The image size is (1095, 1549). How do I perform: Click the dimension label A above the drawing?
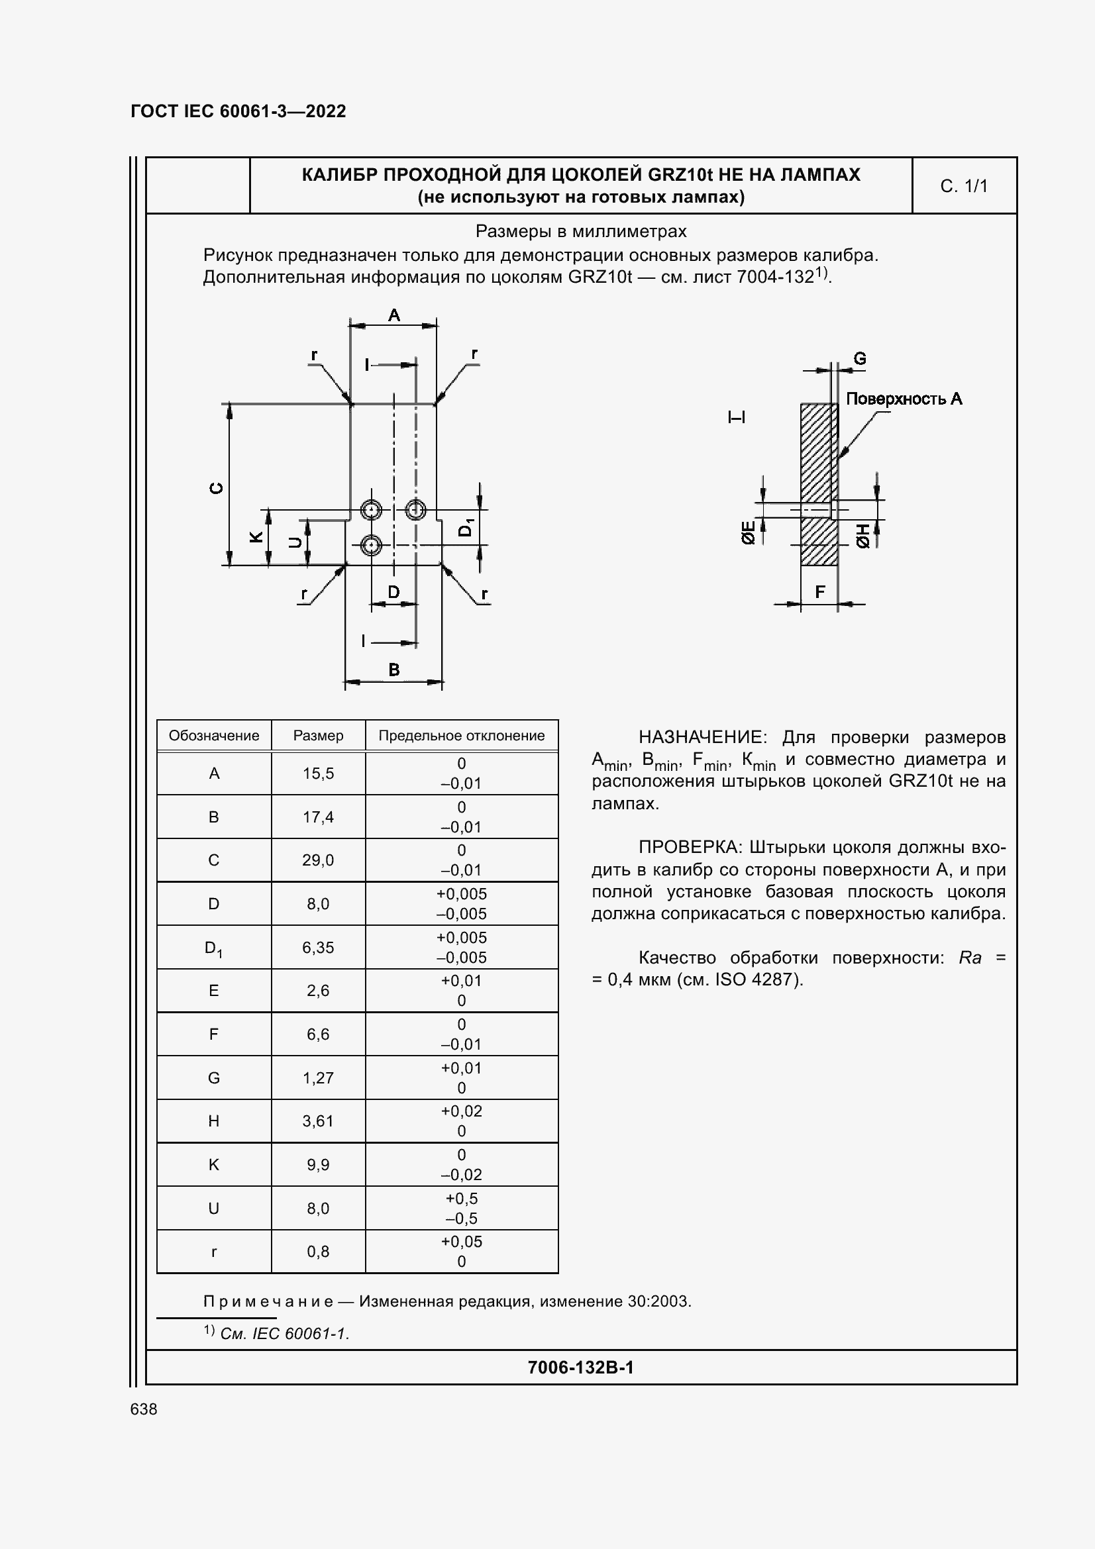coord(394,315)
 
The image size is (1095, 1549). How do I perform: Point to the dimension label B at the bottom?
coord(394,670)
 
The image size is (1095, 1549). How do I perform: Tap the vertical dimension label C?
coord(217,488)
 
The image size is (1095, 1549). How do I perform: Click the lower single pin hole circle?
coord(371,545)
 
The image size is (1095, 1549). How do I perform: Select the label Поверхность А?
coord(904,399)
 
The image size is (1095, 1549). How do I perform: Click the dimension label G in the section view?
coord(860,359)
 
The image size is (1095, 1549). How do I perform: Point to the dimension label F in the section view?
coord(819,591)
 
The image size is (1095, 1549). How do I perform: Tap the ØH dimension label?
coord(864,535)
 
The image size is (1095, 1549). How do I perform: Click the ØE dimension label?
coord(747,532)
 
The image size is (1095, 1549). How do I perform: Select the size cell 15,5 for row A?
coord(318,773)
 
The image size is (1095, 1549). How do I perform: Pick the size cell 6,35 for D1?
coord(318,947)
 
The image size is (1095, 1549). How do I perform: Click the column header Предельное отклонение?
coord(462,735)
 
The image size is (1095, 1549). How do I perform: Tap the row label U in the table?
coord(213,1209)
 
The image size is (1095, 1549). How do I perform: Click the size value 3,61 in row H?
coord(318,1121)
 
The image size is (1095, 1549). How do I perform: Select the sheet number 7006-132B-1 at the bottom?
coord(580,1368)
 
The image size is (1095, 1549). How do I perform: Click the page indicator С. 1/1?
coord(963,186)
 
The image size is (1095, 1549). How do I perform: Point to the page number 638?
coord(144,1409)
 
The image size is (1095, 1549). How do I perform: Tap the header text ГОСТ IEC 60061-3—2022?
coord(238,111)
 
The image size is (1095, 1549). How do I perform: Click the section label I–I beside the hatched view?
coord(737,418)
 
